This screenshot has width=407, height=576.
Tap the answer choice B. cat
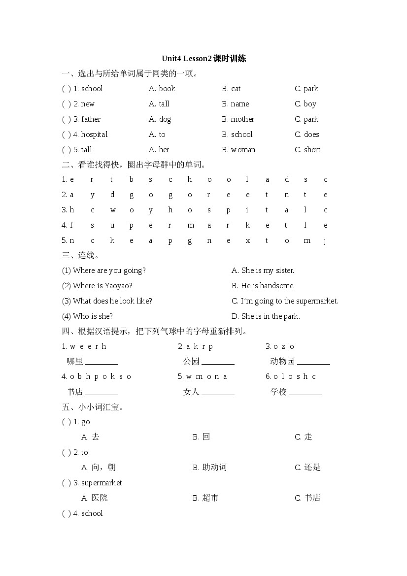(x=231, y=89)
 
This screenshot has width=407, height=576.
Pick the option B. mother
(x=238, y=119)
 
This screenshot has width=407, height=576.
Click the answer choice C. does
(x=307, y=135)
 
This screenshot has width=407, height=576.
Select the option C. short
(x=307, y=150)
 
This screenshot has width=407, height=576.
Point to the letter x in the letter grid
(x=248, y=240)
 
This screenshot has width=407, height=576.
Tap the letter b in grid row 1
(x=132, y=179)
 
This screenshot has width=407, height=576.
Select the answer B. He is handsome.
(x=263, y=286)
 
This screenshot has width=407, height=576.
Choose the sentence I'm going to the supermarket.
(x=285, y=301)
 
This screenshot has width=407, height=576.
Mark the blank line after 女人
(x=218, y=395)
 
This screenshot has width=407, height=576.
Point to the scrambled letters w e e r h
(x=88, y=346)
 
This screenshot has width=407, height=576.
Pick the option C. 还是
(x=307, y=468)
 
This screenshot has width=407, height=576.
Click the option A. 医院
(x=94, y=498)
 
